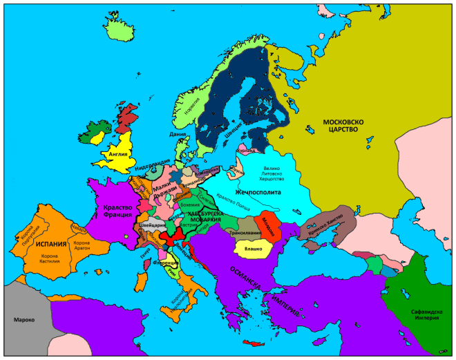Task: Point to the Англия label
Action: tap(116, 155)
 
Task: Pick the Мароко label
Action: tap(23, 320)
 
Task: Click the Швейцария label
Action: tap(153, 225)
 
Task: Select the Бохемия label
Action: tap(189, 205)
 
